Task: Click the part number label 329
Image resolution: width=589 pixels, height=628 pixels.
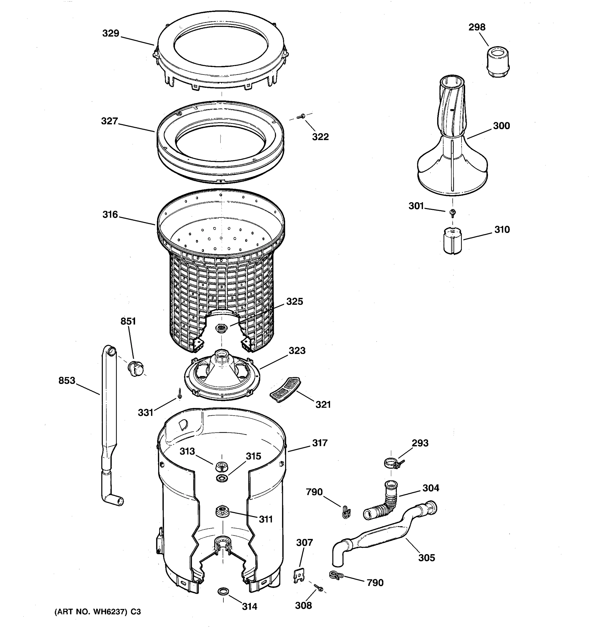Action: tap(110, 33)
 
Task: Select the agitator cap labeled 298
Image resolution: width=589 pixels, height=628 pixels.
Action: tap(498, 62)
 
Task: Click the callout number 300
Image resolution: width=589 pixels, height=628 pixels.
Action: tap(502, 126)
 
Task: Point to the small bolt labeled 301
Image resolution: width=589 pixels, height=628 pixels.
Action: tap(453, 213)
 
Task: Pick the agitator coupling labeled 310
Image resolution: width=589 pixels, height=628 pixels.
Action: tap(453, 241)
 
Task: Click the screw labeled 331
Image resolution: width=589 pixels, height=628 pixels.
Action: tap(180, 394)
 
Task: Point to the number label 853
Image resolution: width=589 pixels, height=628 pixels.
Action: tap(67, 381)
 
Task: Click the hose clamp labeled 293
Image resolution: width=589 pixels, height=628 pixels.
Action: tap(392, 463)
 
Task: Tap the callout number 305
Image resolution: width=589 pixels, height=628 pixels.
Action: tap(427, 558)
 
